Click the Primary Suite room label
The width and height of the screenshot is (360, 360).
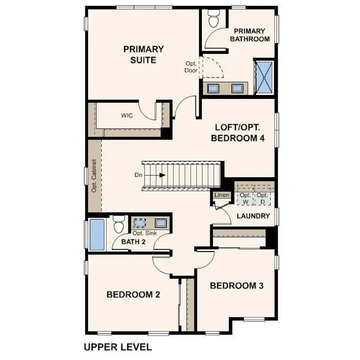[x=143, y=54]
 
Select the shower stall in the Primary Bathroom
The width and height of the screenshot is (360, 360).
[x=265, y=77]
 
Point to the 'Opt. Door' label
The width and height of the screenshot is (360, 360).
[x=191, y=67]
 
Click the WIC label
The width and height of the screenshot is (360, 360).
[x=127, y=116]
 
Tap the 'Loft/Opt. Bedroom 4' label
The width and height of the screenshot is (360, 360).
[x=238, y=132]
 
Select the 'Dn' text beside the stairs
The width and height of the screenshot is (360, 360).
[x=138, y=175]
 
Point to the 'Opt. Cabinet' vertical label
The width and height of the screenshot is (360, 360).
[x=94, y=176]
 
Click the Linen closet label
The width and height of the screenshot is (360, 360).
[x=221, y=195]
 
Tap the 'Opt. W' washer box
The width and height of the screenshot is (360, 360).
[x=245, y=198]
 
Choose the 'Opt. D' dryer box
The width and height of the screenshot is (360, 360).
[x=262, y=198]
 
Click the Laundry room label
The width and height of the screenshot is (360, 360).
[x=253, y=216]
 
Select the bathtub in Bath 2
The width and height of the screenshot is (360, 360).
[x=97, y=234]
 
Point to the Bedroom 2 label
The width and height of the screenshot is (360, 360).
[x=133, y=294]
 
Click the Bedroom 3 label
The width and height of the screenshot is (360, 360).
[x=237, y=285]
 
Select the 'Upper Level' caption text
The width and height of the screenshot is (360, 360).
[x=118, y=347]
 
